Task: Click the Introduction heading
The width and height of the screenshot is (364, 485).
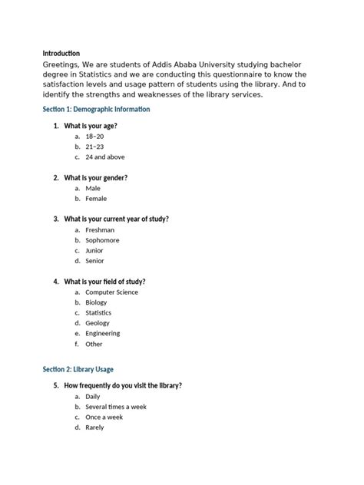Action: click(x=61, y=53)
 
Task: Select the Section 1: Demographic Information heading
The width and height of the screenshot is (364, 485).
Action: click(x=96, y=110)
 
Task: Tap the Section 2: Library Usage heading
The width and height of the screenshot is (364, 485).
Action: click(x=78, y=369)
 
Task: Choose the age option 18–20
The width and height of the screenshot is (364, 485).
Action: click(x=94, y=136)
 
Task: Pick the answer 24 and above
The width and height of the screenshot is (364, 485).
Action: click(x=104, y=157)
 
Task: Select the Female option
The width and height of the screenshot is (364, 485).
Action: click(x=96, y=198)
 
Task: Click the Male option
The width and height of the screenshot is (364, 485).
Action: click(x=93, y=188)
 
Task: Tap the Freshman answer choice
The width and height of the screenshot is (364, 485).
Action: click(x=100, y=229)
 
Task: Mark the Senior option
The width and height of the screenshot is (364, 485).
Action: click(x=94, y=261)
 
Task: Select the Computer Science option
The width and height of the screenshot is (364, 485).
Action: click(x=111, y=292)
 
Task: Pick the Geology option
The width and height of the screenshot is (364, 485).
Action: click(x=98, y=323)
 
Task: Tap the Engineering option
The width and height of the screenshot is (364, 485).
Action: click(x=102, y=334)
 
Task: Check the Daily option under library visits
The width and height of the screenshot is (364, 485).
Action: click(x=93, y=396)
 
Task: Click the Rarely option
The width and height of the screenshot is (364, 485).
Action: click(x=94, y=427)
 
